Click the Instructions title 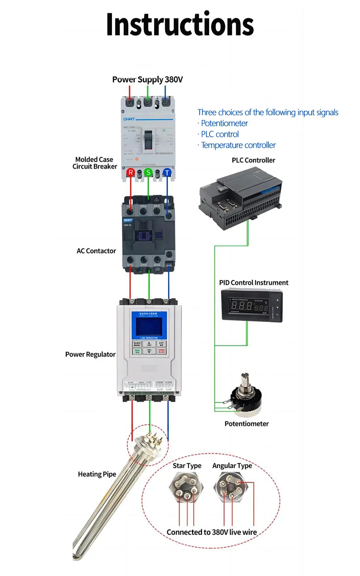(x=180, y=24)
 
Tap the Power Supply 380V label (x=147, y=80)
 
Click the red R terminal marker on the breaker (x=130, y=172)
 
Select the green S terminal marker (x=148, y=172)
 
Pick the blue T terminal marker (x=167, y=173)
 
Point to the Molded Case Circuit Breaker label (x=95, y=163)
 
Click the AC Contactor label (x=96, y=251)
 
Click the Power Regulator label (x=90, y=354)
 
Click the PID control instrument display (x=250, y=306)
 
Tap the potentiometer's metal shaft (x=246, y=381)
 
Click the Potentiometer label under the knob (x=247, y=424)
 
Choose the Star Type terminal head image (x=186, y=487)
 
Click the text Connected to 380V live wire (x=212, y=532)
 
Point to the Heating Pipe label (x=97, y=474)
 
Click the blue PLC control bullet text (x=220, y=134)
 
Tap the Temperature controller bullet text (x=238, y=145)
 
